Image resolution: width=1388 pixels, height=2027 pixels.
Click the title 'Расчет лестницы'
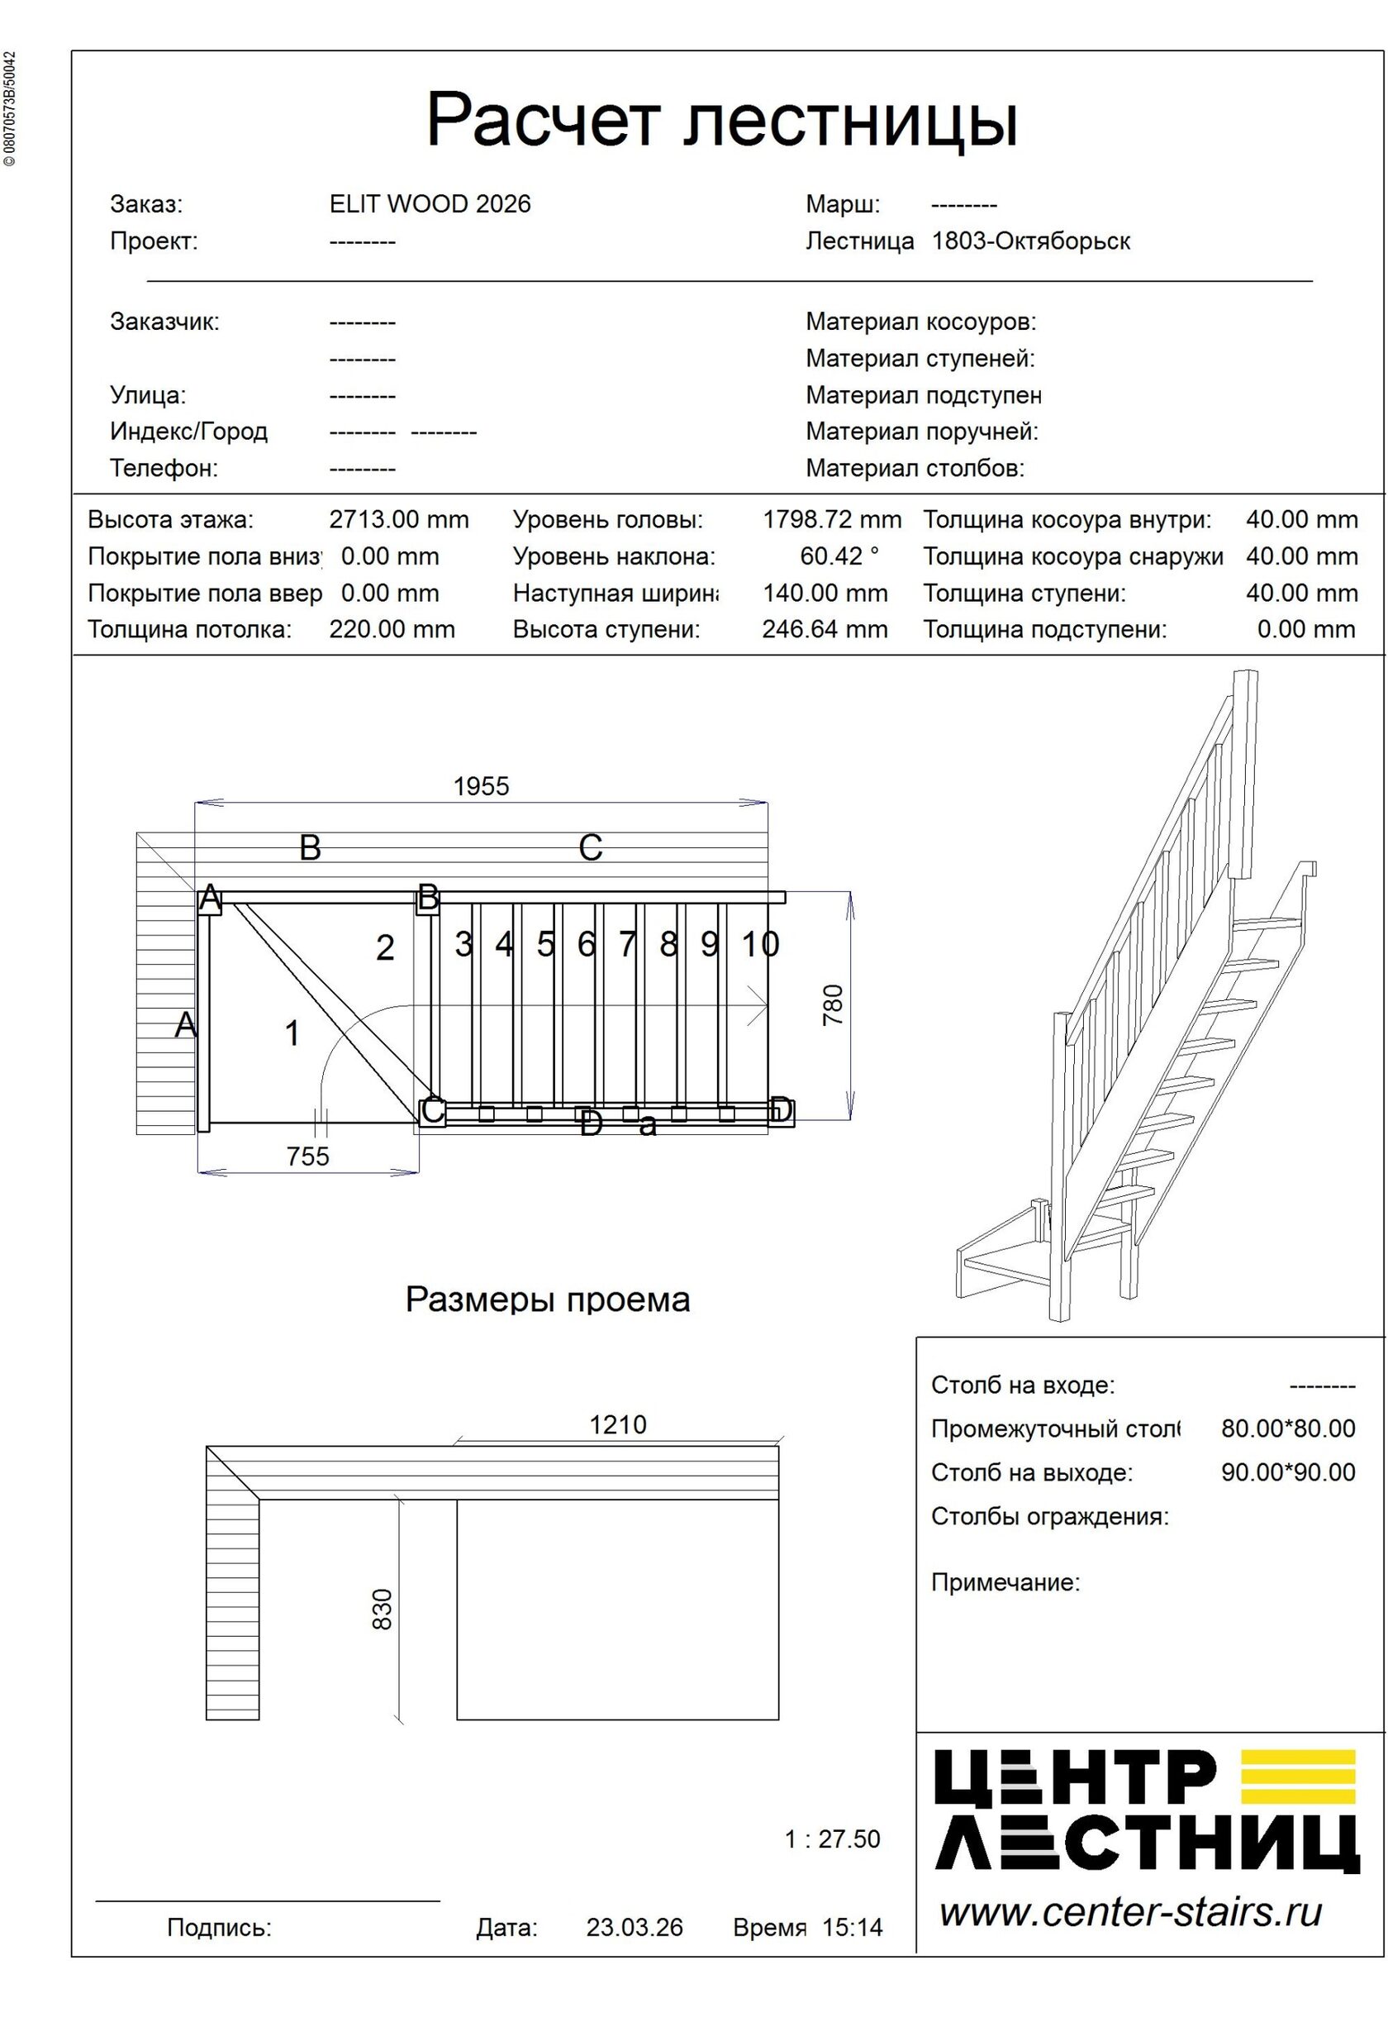(721, 121)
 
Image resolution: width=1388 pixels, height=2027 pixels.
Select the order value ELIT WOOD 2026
(430, 204)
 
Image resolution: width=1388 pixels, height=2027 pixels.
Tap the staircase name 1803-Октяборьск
(1030, 241)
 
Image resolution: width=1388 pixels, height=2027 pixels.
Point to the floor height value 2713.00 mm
(398, 520)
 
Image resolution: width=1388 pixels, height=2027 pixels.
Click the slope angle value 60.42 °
(839, 556)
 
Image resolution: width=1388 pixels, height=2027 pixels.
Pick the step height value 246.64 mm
(824, 629)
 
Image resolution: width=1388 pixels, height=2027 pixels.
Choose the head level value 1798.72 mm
(832, 520)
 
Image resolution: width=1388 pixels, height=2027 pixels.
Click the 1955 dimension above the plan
(480, 786)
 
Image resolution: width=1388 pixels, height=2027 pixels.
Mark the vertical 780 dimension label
(834, 1004)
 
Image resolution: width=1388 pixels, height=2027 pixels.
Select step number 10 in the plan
(759, 944)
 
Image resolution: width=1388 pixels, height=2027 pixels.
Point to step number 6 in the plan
(586, 944)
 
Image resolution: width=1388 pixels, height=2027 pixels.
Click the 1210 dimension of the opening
(617, 1424)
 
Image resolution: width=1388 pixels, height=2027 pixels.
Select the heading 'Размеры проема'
(548, 1300)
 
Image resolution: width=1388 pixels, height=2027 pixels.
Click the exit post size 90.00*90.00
(1288, 1472)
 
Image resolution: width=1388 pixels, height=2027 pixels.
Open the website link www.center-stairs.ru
(1130, 1912)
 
